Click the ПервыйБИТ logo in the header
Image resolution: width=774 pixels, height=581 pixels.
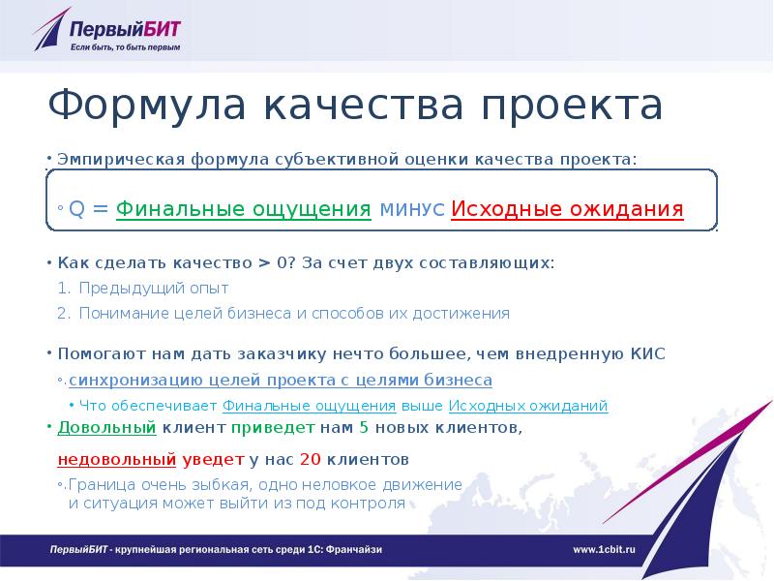tap(106, 29)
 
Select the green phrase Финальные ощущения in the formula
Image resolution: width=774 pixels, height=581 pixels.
tap(244, 209)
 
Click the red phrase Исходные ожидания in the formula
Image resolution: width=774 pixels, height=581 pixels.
tap(567, 209)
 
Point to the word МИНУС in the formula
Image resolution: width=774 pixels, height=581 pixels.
tap(412, 210)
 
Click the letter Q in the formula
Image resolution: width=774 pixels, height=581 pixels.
tap(75, 210)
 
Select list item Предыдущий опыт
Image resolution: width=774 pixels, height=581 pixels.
tap(154, 289)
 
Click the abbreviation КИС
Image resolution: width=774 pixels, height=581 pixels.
tap(647, 354)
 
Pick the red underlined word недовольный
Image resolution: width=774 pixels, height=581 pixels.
tap(117, 458)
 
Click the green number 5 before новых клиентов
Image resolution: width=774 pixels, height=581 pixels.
tap(364, 427)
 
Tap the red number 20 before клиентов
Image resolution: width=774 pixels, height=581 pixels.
tap(311, 458)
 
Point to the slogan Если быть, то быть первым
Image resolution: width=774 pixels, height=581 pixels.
tap(125, 46)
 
